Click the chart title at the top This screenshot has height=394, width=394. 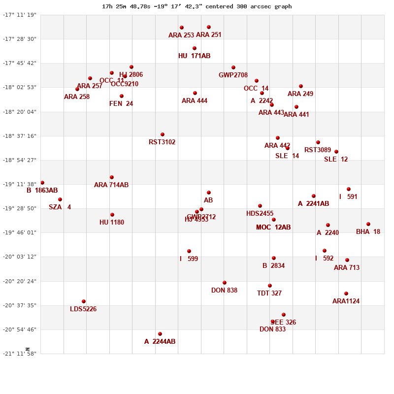point(197,6)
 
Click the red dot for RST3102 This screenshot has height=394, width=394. point(163,134)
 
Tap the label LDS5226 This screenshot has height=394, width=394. point(83,309)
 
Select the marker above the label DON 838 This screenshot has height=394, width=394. point(225,283)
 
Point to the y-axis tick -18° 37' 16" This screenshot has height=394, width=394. point(20,136)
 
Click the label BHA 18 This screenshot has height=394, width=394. point(368,232)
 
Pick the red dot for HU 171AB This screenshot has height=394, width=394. point(195,48)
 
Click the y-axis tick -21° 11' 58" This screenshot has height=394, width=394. point(20,354)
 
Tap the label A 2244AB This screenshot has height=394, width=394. point(160,342)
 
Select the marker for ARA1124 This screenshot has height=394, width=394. point(346,294)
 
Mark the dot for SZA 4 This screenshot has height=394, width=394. point(60,199)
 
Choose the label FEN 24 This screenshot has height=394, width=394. point(121,104)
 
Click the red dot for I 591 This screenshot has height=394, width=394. point(349,189)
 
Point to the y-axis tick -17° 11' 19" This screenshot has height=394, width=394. point(20,15)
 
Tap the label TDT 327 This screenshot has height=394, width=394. point(269,294)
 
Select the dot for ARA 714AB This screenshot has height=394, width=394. point(112,177)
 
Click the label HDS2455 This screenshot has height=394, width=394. point(260,214)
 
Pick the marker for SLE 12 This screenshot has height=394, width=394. point(336,152)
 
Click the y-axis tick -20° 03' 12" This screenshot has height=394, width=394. point(20,257)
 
